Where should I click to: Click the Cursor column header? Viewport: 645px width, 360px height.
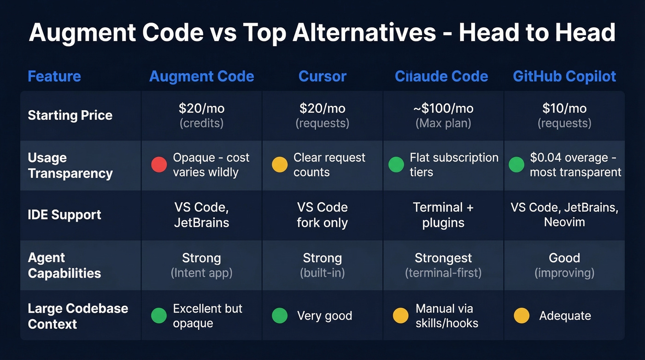(x=322, y=76)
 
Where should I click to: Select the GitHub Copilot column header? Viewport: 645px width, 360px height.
(x=564, y=76)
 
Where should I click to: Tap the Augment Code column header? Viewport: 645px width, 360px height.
(x=201, y=76)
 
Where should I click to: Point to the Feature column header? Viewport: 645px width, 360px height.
(x=54, y=76)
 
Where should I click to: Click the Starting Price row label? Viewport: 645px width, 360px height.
(x=70, y=115)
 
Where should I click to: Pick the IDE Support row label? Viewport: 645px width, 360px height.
(x=64, y=215)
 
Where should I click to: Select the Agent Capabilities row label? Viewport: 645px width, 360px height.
(x=64, y=266)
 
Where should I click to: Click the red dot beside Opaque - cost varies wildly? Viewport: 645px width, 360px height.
(x=159, y=165)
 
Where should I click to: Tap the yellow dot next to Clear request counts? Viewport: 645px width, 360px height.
(x=280, y=165)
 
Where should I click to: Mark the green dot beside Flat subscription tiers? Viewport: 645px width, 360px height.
(x=396, y=165)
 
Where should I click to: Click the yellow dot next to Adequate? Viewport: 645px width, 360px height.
(x=521, y=316)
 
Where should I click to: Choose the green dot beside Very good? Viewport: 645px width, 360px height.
(x=280, y=316)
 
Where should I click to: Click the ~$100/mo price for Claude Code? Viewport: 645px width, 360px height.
(x=443, y=108)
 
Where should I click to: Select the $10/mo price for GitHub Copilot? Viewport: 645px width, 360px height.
(x=564, y=108)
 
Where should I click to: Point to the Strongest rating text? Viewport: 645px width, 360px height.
(x=443, y=258)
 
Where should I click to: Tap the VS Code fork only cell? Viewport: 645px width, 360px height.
(x=322, y=215)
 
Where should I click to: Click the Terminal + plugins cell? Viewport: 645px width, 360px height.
(x=443, y=215)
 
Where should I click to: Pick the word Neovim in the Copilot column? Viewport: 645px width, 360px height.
(x=564, y=222)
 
